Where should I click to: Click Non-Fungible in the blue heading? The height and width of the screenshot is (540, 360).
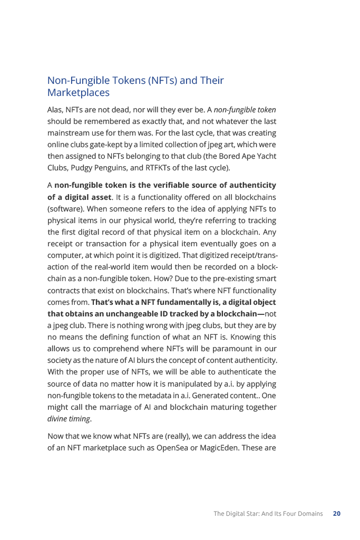(74, 81)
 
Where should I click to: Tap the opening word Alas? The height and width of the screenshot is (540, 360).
(55, 110)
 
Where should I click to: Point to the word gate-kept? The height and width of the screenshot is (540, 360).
(108, 144)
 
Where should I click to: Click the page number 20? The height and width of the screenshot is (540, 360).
(337, 513)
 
